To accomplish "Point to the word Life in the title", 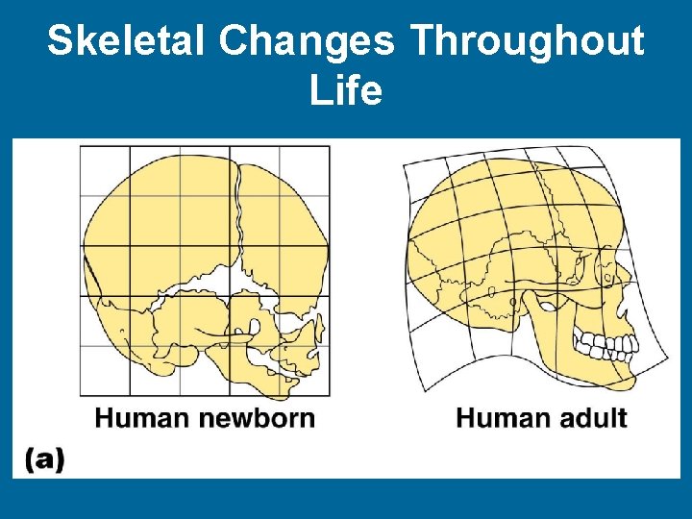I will tap(346, 92).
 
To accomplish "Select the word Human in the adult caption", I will tap(502, 418).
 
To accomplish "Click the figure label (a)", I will tap(45, 459).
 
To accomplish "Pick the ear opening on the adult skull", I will tap(513, 302).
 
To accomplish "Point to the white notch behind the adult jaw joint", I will tap(543, 308).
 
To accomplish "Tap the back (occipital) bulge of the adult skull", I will tap(423, 259).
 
